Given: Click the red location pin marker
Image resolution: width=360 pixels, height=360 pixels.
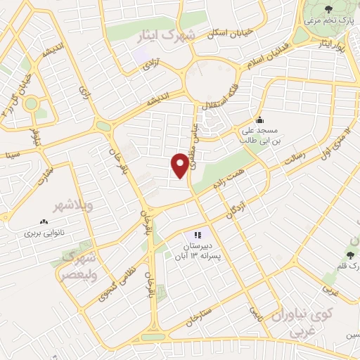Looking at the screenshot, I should (x=180, y=165).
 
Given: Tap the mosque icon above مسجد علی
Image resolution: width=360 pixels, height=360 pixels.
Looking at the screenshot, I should (x=260, y=119).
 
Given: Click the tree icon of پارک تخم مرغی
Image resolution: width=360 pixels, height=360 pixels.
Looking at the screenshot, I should (x=330, y=8).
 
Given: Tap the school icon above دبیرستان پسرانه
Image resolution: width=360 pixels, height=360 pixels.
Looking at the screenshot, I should (x=198, y=235).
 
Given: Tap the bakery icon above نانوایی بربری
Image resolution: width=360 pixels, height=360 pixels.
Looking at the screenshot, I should (x=44, y=221).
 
